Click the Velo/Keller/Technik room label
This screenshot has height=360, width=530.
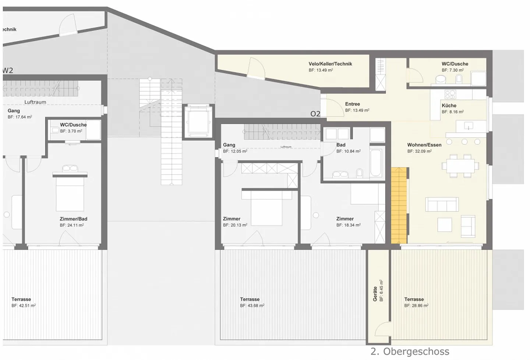(330, 64)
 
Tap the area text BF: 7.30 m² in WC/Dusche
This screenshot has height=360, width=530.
(452, 70)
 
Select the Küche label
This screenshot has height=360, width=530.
(449, 105)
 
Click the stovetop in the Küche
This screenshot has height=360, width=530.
(450, 94)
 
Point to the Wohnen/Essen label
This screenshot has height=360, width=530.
(424, 145)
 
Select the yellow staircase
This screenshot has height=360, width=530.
(399, 205)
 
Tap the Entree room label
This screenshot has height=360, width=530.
(352, 104)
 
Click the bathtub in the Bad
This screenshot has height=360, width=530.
(376, 163)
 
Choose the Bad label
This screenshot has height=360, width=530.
(341, 145)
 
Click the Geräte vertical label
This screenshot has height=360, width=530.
(375, 294)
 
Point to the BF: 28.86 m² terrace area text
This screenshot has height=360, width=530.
(416, 306)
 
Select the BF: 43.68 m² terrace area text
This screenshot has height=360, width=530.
(252, 306)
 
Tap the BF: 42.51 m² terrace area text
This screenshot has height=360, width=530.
(23, 306)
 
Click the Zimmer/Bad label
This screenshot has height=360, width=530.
(73, 219)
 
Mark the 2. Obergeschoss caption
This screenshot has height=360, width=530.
(410, 352)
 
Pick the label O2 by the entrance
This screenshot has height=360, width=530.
(315, 114)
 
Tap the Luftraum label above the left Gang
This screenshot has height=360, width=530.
(35, 102)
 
